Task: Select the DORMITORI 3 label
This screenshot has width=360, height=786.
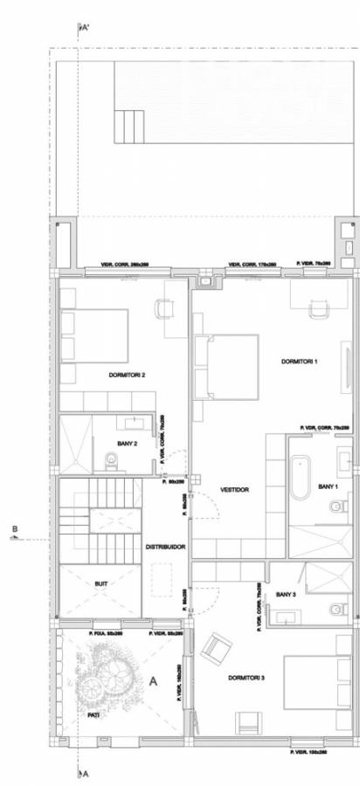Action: (246, 678)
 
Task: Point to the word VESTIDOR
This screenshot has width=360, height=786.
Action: (236, 490)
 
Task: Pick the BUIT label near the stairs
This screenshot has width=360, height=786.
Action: (100, 582)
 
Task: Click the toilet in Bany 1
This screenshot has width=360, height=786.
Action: (336, 506)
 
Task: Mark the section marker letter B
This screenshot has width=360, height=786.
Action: (15, 528)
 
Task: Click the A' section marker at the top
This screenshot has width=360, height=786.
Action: (85, 28)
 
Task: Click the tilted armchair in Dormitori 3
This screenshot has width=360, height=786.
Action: (215, 649)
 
